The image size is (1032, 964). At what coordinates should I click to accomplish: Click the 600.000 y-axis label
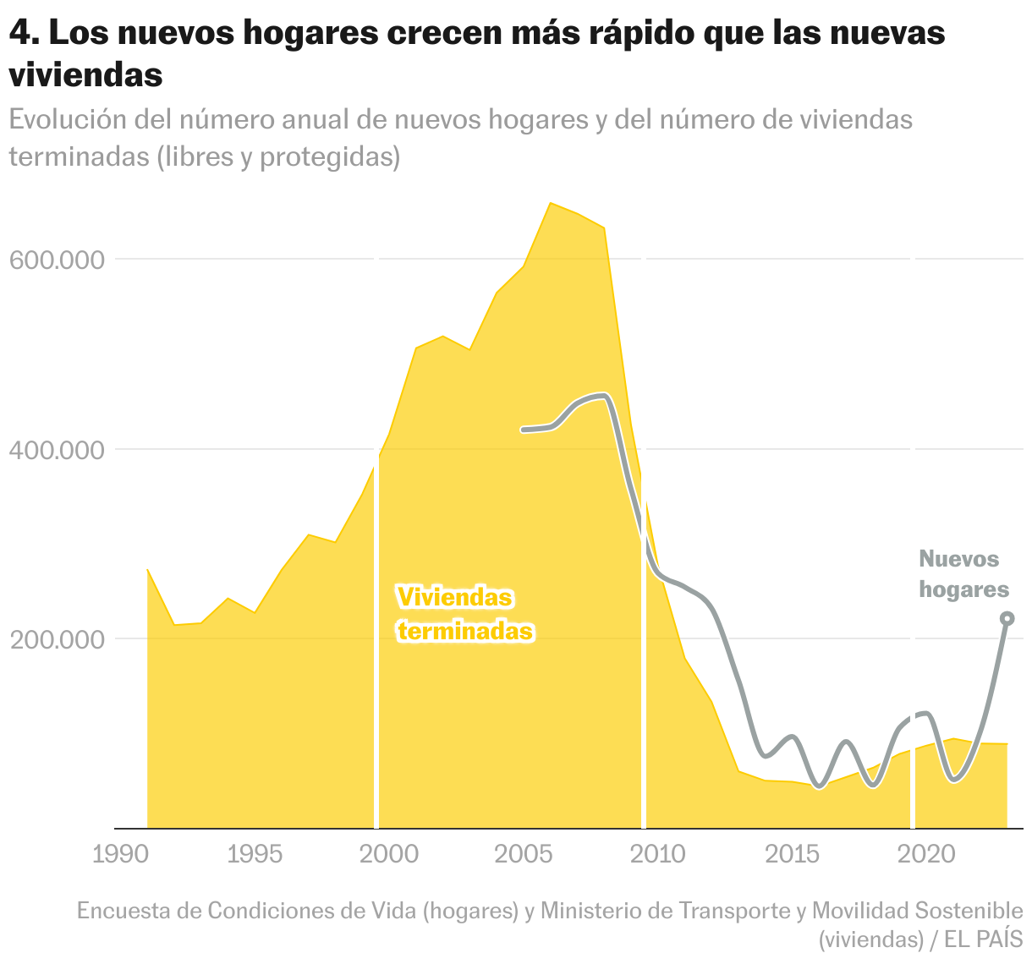pyautogui.click(x=58, y=260)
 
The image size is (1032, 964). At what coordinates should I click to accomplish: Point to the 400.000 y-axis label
pyautogui.click(x=58, y=449)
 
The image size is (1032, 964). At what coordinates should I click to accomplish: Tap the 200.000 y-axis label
pyautogui.click(x=58, y=639)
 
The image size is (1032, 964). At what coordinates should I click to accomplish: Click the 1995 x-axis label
pyautogui.click(x=255, y=854)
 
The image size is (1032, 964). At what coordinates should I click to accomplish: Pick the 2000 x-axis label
pyautogui.click(x=389, y=854)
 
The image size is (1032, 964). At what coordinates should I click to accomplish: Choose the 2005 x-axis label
pyautogui.click(x=524, y=854)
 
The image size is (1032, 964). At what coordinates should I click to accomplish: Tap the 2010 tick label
pyautogui.click(x=658, y=854)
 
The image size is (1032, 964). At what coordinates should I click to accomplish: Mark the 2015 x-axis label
pyautogui.click(x=793, y=854)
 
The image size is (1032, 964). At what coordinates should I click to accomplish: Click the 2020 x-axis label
pyautogui.click(x=927, y=854)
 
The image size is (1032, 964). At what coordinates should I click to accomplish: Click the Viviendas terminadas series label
pyautogui.click(x=464, y=615)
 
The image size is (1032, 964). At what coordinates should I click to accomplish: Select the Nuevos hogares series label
pyautogui.click(x=963, y=574)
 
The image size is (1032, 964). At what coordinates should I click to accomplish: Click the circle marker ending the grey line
pyautogui.click(x=1007, y=619)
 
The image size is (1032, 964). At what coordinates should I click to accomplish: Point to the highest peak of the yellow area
pyautogui.click(x=551, y=203)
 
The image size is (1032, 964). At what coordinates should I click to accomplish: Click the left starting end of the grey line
pyautogui.click(x=524, y=430)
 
